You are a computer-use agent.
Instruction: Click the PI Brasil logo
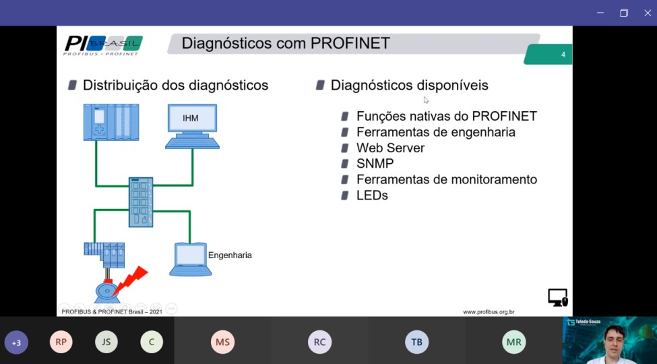pyautogui.click(x=103, y=45)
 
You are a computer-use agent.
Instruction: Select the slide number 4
pyautogui.click(x=563, y=55)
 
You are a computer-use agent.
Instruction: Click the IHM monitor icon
pyautogui.click(x=192, y=126)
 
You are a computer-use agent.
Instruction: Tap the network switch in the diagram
pyautogui.click(x=141, y=202)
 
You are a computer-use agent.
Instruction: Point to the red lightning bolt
pyautogui.click(x=130, y=281)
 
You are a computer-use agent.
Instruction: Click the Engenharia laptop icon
pyautogui.click(x=190, y=259)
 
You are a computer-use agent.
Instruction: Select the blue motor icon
pyautogui.click(x=107, y=292)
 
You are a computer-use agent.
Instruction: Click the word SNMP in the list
pyautogui.click(x=375, y=164)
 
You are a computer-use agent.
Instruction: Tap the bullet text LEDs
pyautogui.click(x=372, y=195)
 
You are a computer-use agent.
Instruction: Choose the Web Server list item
pyautogui.click(x=391, y=148)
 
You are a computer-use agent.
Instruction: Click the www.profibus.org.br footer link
pyautogui.click(x=489, y=312)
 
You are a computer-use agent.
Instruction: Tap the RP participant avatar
pyautogui.click(x=61, y=342)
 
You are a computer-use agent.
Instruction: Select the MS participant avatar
pyautogui.click(x=222, y=342)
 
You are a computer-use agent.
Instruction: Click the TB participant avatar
pyautogui.click(x=417, y=342)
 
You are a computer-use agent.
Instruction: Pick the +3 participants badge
pyautogui.click(x=16, y=342)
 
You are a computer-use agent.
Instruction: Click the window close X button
pyautogui.click(x=648, y=13)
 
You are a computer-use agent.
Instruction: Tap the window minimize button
pyautogui.click(x=600, y=13)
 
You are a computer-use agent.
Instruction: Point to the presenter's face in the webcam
pyautogui.click(x=614, y=339)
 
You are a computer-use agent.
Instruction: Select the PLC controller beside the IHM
pyautogui.click(x=111, y=122)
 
